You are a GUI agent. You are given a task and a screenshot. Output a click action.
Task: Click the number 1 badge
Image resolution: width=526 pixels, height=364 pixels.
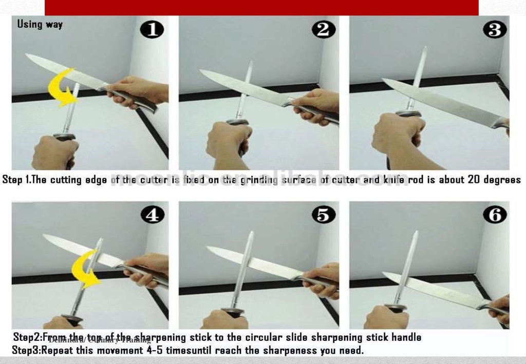pos(153,30)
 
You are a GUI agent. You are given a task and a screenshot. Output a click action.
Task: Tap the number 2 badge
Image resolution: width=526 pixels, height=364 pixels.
pos(323,30)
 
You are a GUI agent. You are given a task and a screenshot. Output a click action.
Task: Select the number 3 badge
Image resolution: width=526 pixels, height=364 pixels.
pos(494,30)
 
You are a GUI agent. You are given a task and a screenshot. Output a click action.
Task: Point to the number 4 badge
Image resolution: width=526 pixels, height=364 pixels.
pos(153,215)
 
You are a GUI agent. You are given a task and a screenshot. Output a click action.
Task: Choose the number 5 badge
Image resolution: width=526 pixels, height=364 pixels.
pos(323,215)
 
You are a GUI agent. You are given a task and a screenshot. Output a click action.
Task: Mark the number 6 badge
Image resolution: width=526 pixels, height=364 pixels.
pos(494,215)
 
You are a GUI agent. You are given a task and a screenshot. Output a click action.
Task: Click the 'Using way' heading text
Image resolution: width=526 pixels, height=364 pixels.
pos(40,24)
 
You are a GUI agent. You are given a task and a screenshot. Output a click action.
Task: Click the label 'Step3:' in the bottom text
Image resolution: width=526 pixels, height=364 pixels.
pos(26,351)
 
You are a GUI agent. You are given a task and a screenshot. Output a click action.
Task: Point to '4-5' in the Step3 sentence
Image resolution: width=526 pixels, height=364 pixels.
pos(152,351)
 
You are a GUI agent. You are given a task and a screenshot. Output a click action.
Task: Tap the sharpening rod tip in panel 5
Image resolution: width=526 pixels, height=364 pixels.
pos(251,233)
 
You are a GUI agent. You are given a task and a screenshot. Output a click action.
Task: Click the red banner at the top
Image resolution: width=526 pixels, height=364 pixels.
pos(261,8)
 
